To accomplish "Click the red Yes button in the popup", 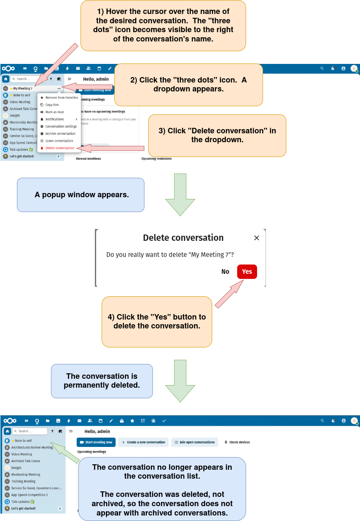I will tap(247, 272).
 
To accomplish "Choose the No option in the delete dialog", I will tap(225, 272).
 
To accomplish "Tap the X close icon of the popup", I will tap(256, 238).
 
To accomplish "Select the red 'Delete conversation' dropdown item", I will tap(60, 148).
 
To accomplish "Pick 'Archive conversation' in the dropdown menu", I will tap(60, 134).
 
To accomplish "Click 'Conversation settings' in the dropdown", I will tap(61, 127).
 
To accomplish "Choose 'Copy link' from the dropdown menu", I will tap(52, 105).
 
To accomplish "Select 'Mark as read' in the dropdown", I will tap(55, 112).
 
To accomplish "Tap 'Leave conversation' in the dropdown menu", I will tap(59, 141).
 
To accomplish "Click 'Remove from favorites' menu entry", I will tap(61, 98).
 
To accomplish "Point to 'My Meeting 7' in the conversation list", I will tap(22, 88).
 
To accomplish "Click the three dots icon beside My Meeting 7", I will tap(59, 88).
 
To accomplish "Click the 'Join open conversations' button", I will tap(194, 442).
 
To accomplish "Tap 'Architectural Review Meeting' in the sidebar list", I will tap(32, 447).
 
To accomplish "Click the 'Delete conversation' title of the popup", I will tap(183, 238).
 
